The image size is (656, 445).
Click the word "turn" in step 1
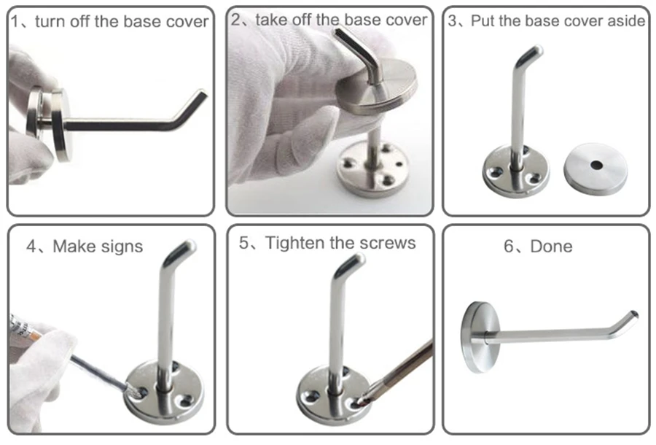tap(50, 21)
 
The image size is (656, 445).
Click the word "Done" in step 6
tap(552, 246)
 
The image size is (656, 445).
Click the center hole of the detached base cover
tap(596, 165)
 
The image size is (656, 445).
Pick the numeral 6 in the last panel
tap(509, 247)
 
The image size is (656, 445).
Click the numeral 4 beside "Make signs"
tap(31, 247)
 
